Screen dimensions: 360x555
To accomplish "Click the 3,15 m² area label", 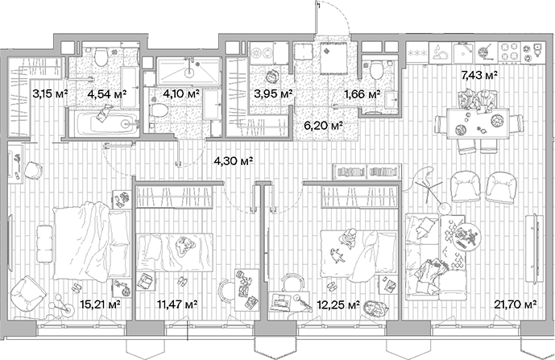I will [49, 93].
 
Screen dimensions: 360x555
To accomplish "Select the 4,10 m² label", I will [180, 93].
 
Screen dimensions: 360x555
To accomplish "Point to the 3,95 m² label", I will [270, 93].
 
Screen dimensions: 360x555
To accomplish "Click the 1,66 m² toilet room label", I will [360, 93].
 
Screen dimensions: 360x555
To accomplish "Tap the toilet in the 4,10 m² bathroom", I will [158, 107].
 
